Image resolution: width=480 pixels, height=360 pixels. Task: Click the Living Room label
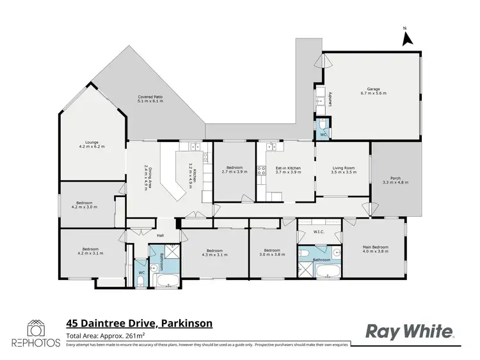pyautogui.click(x=343, y=170)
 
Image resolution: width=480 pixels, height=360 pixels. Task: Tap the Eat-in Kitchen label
pyautogui.click(x=288, y=170)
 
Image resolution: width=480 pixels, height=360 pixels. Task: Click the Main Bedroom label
pyautogui.click(x=377, y=248)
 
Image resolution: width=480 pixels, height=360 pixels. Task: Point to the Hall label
pyautogui.click(x=144, y=235)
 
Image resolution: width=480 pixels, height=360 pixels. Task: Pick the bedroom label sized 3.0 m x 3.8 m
pyautogui.click(x=272, y=252)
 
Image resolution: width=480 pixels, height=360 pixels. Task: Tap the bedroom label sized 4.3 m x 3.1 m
pyautogui.click(x=214, y=252)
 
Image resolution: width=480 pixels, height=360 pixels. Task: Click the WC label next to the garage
pyautogui.click(x=323, y=135)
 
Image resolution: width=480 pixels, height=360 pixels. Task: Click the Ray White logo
pyautogui.click(x=410, y=331)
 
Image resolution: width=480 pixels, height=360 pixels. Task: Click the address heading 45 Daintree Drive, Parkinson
pyautogui.click(x=140, y=324)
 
